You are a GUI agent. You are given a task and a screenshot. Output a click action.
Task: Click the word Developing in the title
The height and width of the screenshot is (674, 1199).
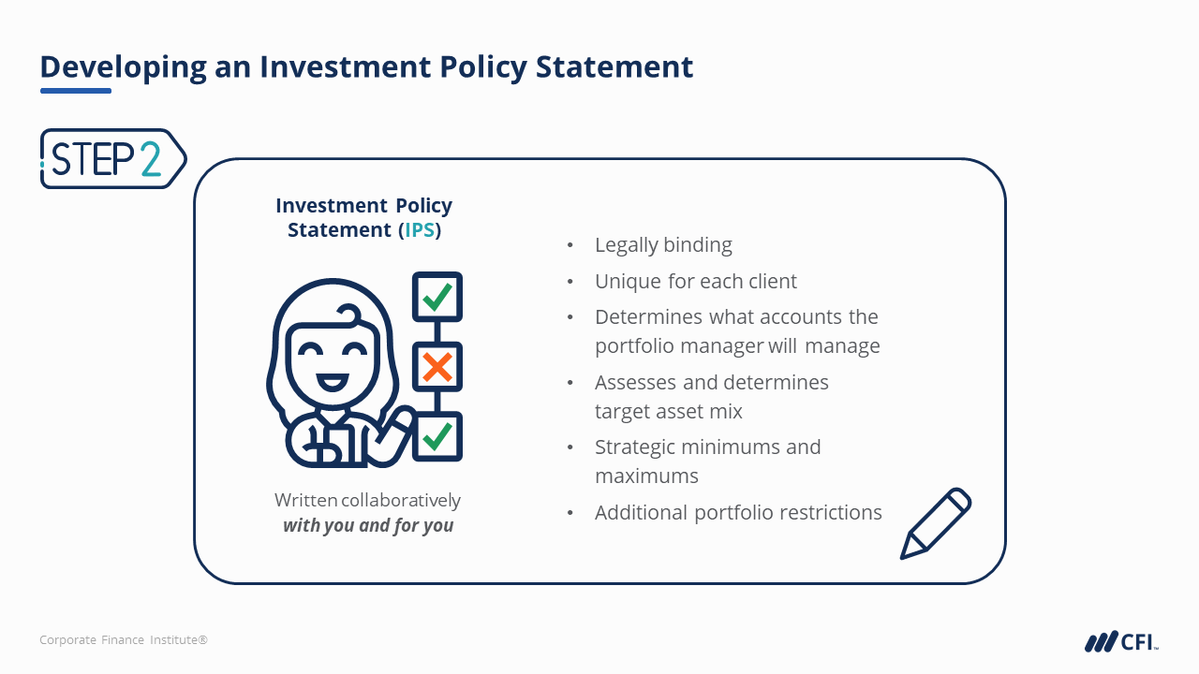point(123,67)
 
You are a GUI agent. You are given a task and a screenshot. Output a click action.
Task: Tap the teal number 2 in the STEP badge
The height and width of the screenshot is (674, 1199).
point(151,159)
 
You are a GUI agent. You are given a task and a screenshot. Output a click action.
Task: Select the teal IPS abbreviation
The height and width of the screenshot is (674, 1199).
point(420,230)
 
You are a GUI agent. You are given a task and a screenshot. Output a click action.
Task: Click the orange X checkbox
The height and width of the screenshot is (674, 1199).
point(437,367)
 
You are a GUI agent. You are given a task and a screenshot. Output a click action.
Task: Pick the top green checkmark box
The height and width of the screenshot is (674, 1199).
point(437,297)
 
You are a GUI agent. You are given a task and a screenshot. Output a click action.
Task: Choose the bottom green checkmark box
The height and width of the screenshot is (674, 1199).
point(437,436)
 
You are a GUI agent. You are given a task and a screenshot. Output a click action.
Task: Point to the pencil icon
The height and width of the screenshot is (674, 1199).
point(936,523)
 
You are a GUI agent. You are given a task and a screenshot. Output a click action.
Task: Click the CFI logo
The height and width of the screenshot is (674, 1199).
point(1121,641)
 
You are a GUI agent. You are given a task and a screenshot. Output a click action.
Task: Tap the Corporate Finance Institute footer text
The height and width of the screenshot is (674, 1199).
point(124,639)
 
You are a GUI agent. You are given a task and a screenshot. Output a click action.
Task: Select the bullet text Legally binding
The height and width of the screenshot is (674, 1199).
point(663,245)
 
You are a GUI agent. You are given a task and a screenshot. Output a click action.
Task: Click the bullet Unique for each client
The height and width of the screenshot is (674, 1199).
point(696,282)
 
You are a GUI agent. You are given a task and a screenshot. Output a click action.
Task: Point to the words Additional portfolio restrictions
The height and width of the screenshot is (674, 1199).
point(738,512)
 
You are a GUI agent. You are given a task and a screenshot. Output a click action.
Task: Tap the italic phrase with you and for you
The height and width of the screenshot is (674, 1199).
point(368,525)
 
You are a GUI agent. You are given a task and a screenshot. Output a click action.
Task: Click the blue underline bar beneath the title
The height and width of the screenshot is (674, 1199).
point(76,91)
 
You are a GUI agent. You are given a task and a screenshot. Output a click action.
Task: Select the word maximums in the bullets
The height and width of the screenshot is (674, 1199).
point(646,476)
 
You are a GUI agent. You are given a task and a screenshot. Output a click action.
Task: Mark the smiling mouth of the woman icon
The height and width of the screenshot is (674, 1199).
point(333,383)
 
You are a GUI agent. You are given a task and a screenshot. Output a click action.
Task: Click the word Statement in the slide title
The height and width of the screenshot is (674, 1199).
point(614,66)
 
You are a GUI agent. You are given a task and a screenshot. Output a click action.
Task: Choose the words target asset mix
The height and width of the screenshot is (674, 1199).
point(669,411)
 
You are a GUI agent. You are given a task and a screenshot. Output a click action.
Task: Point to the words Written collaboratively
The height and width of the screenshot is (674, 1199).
point(368,500)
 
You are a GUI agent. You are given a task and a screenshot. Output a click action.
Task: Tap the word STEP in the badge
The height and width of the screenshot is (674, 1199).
point(93,159)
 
